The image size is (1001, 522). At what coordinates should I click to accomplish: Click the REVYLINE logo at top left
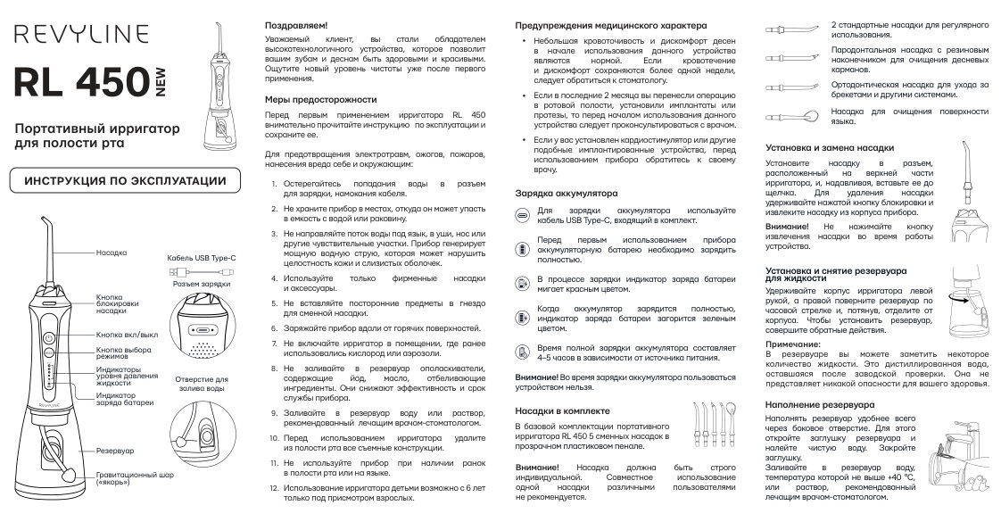click(79, 34)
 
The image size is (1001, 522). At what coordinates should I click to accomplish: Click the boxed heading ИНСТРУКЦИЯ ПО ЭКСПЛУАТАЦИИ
click(125, 181)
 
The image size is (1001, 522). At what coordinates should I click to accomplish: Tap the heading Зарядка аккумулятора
click(567, 193)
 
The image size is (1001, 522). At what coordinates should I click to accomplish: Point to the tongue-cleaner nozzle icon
click(786, 116)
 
